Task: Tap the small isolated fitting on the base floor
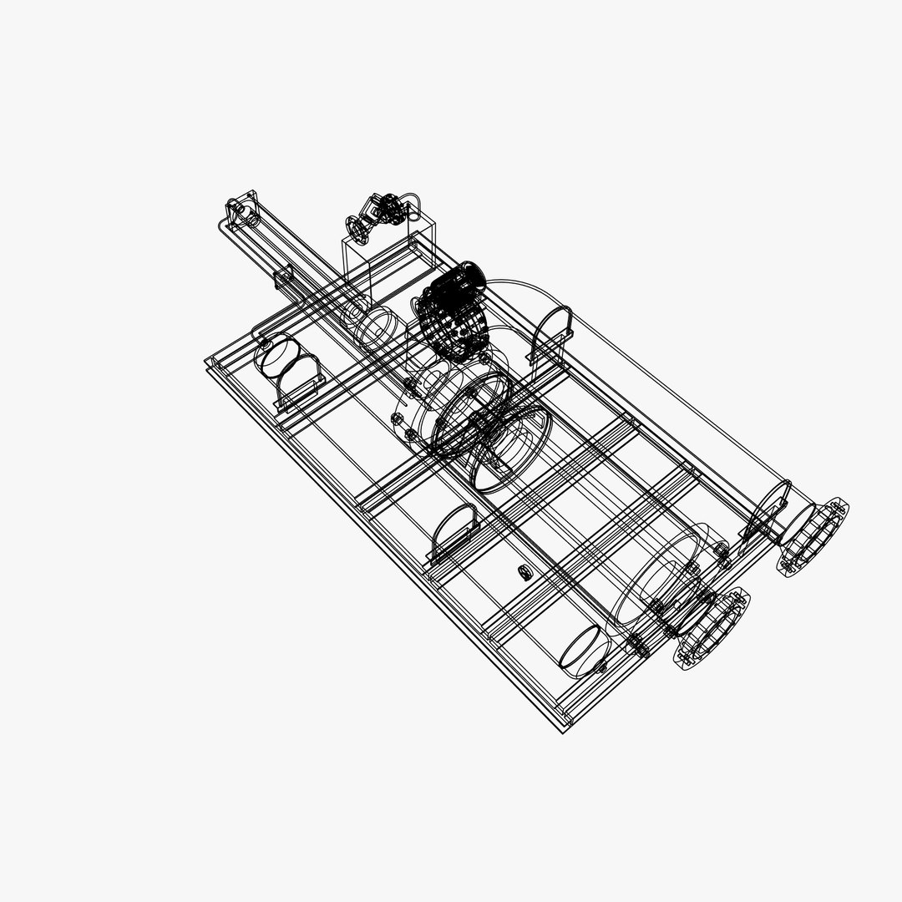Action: coord(524,572)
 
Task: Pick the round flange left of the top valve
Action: coord(357,226)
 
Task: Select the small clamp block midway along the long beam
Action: coord(284,279)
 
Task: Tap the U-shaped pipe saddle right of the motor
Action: coord(551,331)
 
